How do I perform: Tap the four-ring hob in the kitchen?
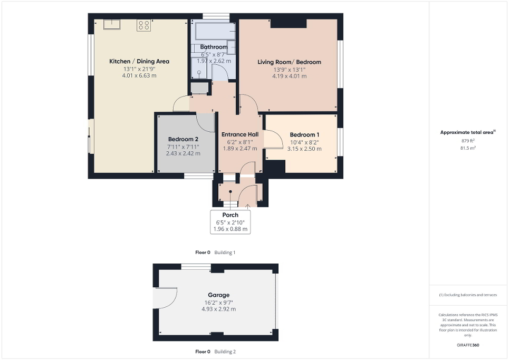(x=143, y=25)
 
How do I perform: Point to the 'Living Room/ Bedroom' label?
(x=289, y=62)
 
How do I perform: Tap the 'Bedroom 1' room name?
(x=304, y=134)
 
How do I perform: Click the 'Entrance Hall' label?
(x=239, y=134)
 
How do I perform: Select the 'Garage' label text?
(x=218, y=295)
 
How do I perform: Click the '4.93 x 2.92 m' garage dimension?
(x=218, y=309)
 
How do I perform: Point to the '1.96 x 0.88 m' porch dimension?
(x=230, y=229)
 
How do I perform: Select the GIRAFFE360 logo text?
(x=468, y=345)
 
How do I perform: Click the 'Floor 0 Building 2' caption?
(x=215, y=352)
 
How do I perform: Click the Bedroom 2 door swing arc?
(x=205, y=122)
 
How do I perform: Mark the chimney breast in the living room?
(x=288, y=24)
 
